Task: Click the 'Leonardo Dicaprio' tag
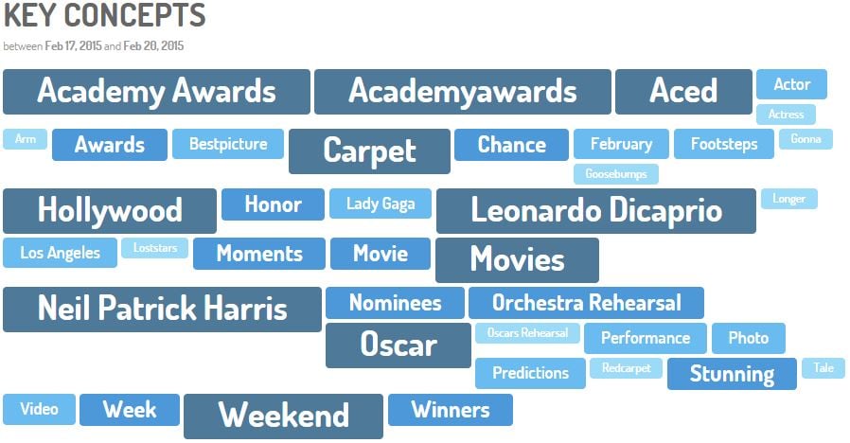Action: coord(595,211)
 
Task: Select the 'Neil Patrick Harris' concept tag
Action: coord(162,310)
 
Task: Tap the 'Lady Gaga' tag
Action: coord(381,204)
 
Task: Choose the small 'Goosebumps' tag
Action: coord(616,174)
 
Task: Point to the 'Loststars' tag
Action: coord(155,248)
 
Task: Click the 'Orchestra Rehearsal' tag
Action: coord(586,303)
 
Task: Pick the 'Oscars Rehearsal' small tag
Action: coord(527,333)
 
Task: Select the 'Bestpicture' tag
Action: coord(228,144)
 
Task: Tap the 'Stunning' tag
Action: coord(732,374)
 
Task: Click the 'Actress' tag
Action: coord(786,115)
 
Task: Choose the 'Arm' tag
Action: coord(25,139)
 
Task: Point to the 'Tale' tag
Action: coord(823,367)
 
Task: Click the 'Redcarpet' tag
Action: coord(626,367)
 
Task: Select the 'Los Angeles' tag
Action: coord(61,253)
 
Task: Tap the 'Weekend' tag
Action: coord(284,416)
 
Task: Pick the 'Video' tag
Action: coord(39,409)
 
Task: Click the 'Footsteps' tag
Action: coord(724,144)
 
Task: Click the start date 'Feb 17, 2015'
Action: coord(73,46)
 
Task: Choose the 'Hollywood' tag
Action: coord(110,211)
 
